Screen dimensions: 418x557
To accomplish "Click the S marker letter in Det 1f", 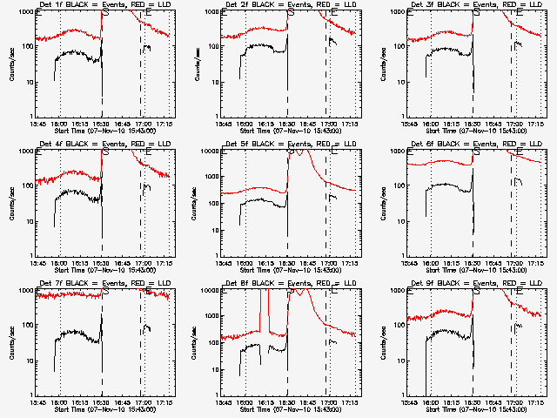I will (106, 14).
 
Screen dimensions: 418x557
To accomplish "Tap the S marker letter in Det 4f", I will (106, 153).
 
